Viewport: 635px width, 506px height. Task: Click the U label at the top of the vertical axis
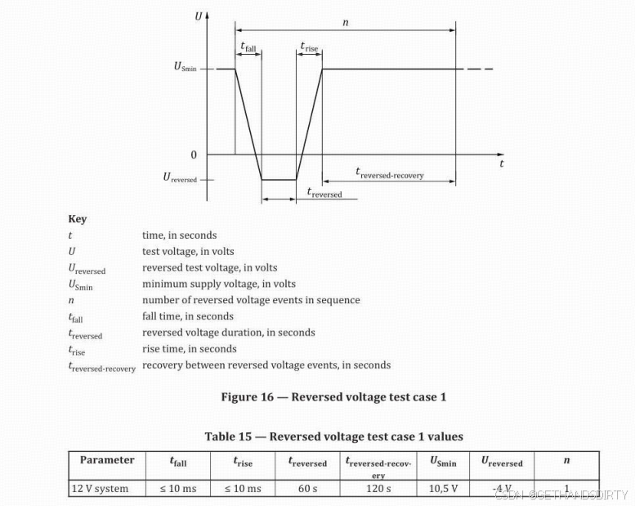197,16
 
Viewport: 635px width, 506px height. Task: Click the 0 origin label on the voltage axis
193,154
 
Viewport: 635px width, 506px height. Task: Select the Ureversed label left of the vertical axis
180,177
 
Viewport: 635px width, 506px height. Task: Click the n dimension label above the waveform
345,22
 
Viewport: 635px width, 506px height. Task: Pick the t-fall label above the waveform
248,48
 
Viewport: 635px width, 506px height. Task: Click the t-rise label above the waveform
309,48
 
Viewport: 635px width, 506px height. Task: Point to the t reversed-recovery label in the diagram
389,172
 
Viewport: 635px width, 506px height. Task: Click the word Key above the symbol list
77,219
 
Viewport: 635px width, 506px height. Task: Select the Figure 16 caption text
333,397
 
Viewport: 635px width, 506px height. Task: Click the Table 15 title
333,437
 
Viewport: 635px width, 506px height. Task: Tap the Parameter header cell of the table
107,460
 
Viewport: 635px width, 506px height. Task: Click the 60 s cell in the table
306,488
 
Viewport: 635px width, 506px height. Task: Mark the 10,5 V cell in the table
443,488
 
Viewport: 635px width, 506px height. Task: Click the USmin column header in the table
443,461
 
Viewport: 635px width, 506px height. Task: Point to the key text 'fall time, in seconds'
187,316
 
